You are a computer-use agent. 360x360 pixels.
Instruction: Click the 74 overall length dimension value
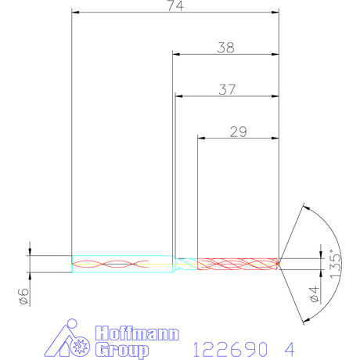[175, 5]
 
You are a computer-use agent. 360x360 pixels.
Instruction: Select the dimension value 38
[225, 48]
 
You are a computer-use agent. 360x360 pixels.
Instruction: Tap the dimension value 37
[227, 89]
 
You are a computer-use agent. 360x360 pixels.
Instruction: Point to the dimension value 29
[238, 131]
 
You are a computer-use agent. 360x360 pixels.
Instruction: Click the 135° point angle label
[335, 264]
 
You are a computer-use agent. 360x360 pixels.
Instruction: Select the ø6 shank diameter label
[24, 297]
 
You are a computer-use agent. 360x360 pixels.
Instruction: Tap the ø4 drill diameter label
[315, 293]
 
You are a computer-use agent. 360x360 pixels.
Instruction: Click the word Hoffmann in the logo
[137, 333]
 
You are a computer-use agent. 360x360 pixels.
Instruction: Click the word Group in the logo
[122, 350]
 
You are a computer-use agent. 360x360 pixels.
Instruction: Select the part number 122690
[230, 349]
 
